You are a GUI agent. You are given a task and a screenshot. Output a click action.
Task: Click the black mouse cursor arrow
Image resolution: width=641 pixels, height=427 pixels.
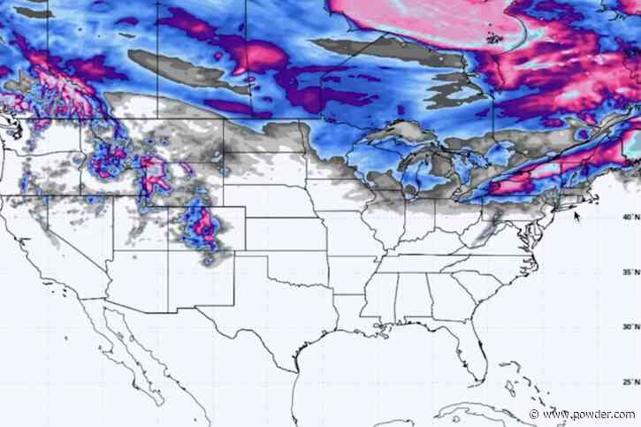tap(577, 215)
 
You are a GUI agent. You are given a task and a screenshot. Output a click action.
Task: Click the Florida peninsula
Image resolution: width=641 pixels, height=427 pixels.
tap(477, 354)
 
